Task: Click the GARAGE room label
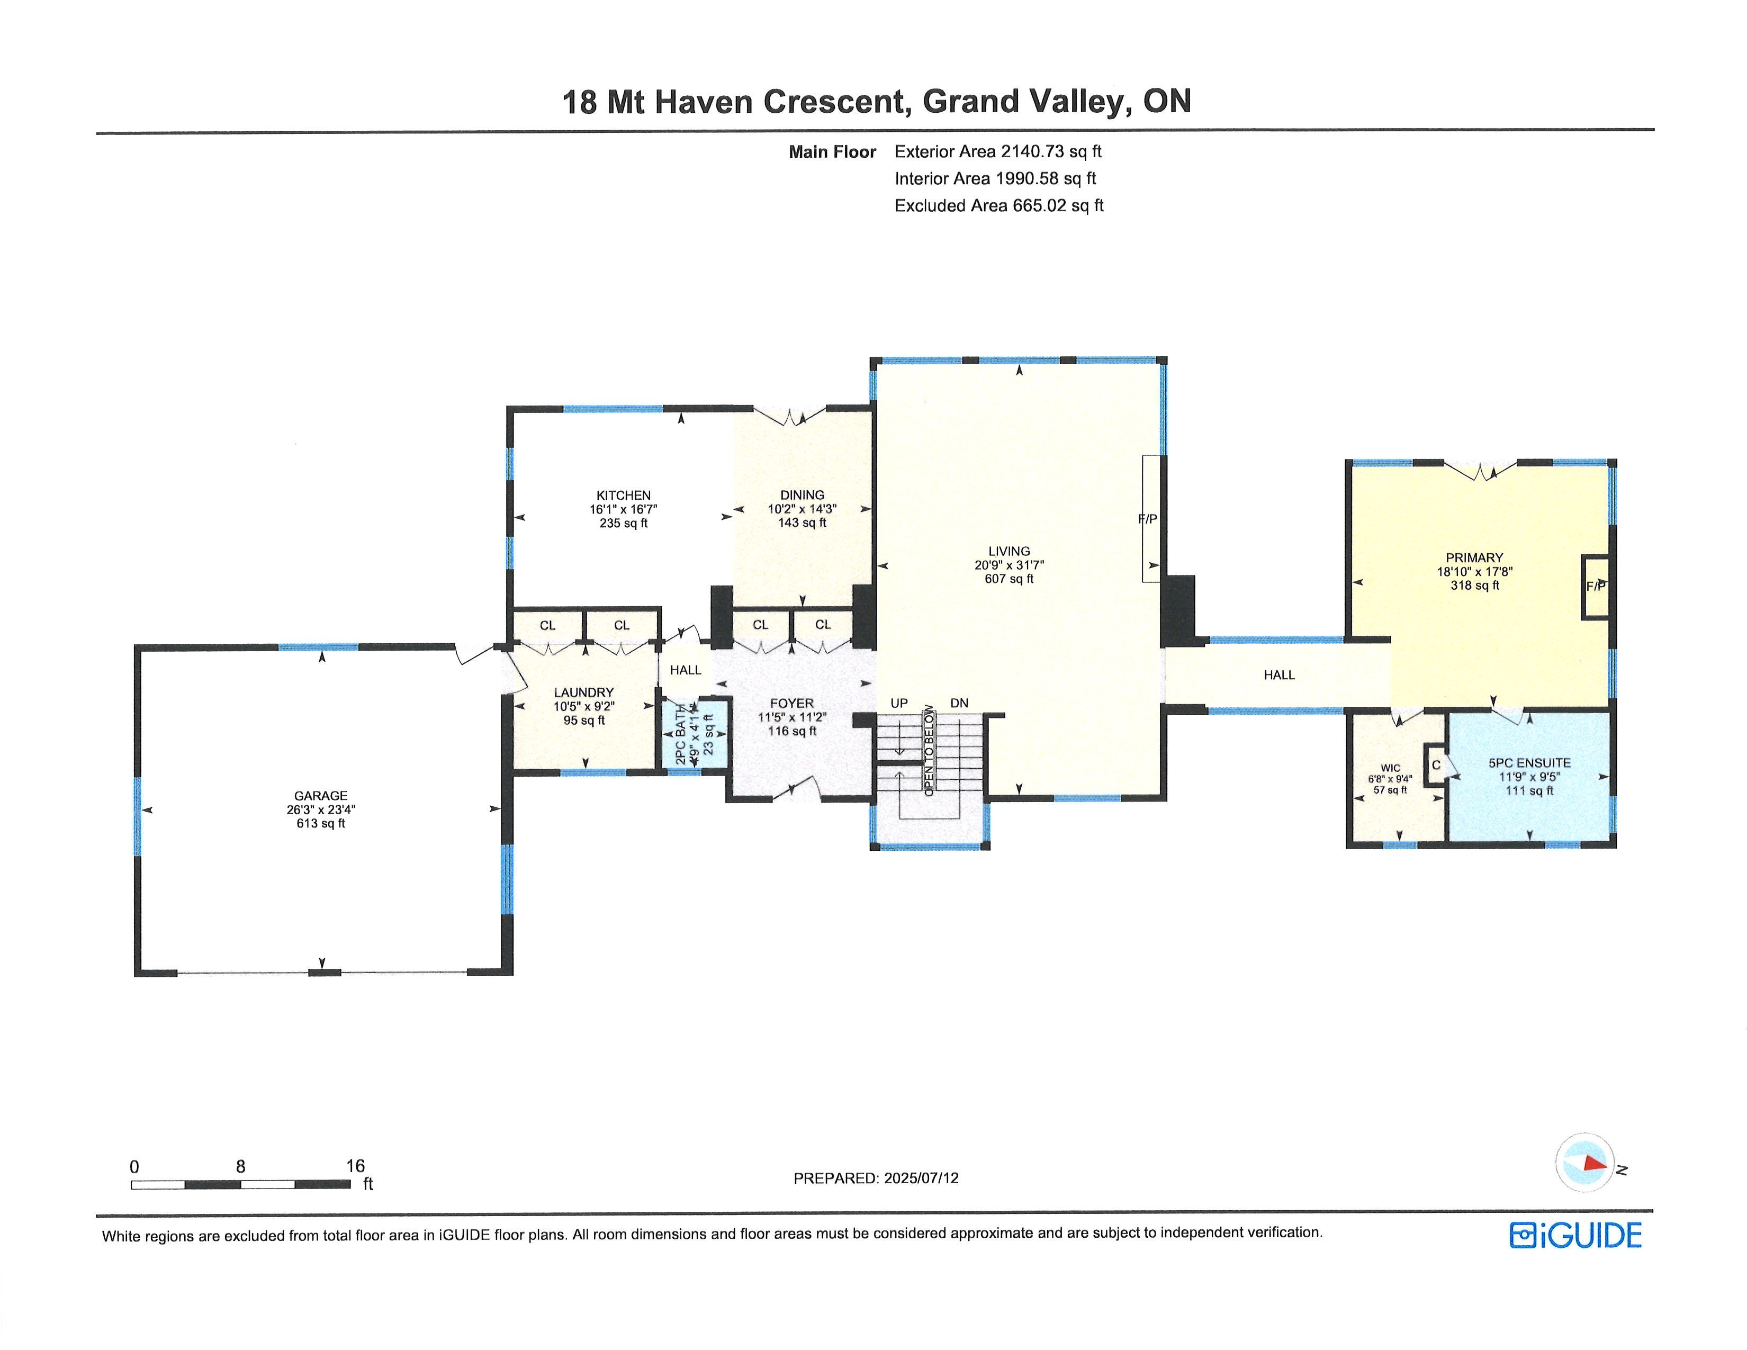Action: (x=321, y=795)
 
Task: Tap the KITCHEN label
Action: (x=623, y=495)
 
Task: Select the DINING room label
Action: (x=803, y=495)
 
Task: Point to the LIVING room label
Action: (x=1008, y=551)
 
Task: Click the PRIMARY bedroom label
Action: (x=1474, y=557)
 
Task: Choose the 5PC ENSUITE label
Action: (x=1529, y=763)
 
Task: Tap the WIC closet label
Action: (x=1390, y=768)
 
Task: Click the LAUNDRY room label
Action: (x=584, y=692)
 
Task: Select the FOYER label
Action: (x=792, y=703)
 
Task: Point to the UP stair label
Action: (x=899, y=703)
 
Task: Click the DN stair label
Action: (x=959, y=703)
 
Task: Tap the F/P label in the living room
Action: (x=1147, y=518)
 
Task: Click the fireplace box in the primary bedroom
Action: (x=1595, y=586)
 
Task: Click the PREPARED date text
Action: (x=876, y=1178)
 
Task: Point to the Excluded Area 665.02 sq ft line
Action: (x=999, y=205)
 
